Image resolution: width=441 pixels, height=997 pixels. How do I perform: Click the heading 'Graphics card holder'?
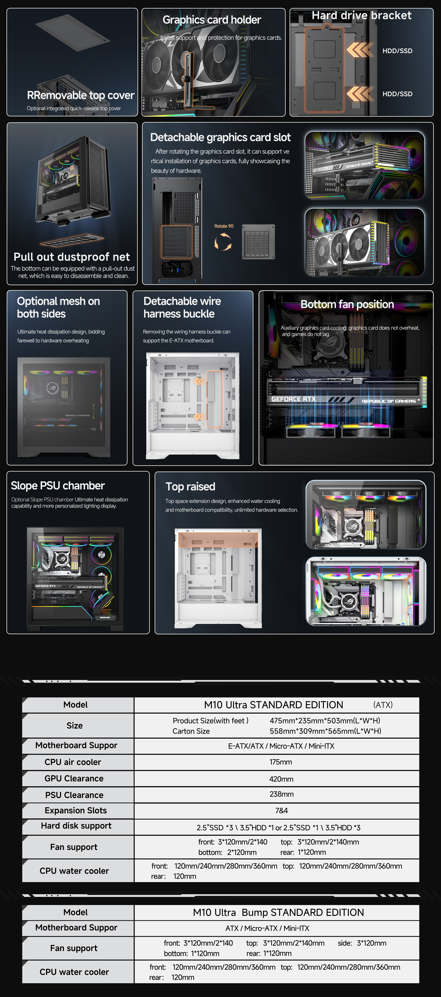pos(212,20)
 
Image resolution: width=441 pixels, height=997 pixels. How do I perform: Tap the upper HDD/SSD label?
pos(397,51)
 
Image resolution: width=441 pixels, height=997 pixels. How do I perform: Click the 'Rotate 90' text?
pos(224,226)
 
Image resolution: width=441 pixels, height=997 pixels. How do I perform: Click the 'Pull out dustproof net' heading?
pos(72,257)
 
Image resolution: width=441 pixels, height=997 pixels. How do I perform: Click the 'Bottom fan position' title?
pos(347,305)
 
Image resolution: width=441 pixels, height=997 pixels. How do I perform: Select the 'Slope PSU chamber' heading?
pos(58,486)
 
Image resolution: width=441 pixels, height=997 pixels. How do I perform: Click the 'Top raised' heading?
pos(190,486)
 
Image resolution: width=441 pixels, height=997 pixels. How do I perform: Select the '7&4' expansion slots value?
pos(281,810)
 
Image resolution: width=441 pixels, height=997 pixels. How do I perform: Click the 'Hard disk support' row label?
pos(76,826)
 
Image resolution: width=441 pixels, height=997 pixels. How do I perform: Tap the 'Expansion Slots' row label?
pos(76,810)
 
